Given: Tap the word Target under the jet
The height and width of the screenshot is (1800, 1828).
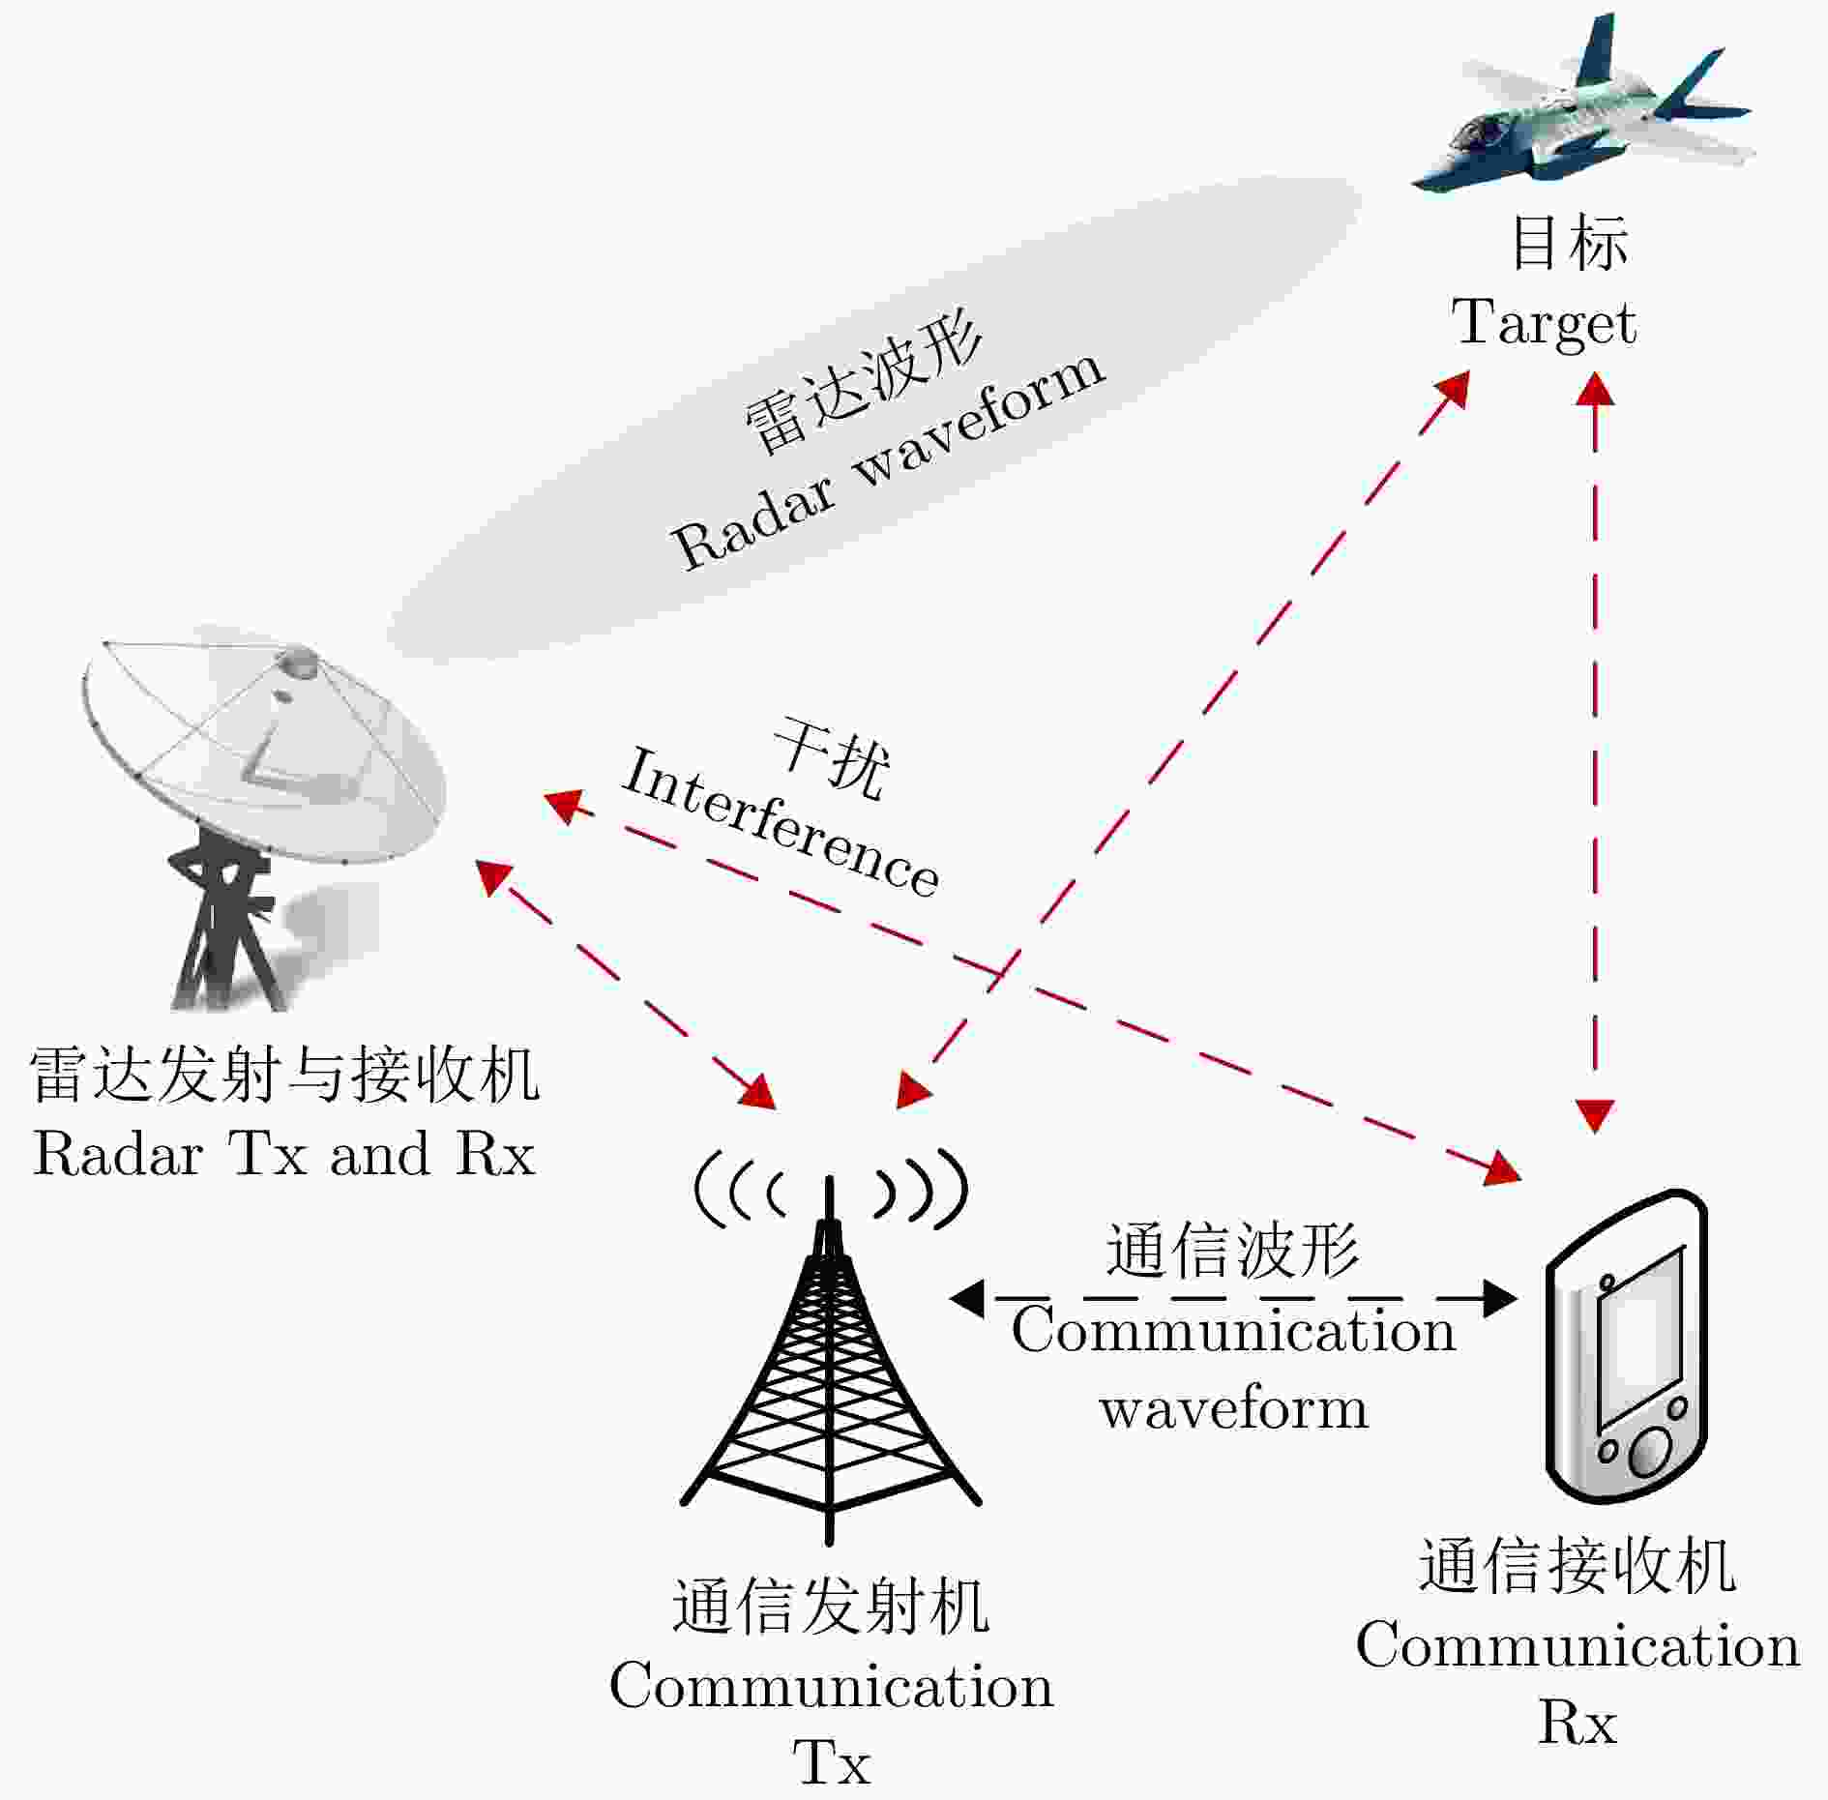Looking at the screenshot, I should pos(1544,323).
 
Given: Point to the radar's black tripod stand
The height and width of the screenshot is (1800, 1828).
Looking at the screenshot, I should pos(222,929).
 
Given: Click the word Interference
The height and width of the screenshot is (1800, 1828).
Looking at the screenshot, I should pos(780,822).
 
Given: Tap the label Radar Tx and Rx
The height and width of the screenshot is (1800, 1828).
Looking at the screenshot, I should pos(283,1154).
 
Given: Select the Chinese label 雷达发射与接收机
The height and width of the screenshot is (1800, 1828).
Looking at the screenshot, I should pos(283,1075).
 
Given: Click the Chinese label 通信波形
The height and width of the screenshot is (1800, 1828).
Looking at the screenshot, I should pos(1232,1251).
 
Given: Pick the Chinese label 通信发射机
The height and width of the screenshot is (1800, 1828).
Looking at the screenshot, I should pos(830,1607).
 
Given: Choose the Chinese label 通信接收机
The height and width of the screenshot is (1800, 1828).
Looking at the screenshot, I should pos(1577,1565).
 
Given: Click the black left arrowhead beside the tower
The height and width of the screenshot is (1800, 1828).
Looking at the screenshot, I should pos(967,1298).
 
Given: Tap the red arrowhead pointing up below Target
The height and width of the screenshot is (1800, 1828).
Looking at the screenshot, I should pos(1595,388).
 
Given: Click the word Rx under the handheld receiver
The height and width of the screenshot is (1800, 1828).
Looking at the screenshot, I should pos(1577,1722).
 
